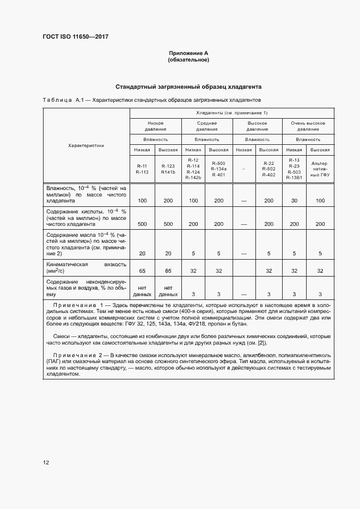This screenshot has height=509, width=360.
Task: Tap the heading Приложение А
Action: pyautogui.click(x=189, y=53)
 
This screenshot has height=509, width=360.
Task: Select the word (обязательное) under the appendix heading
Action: pyautogui.click(x=189, y=60)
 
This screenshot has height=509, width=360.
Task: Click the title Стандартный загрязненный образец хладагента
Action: pyautogui.click(x=189, y=87)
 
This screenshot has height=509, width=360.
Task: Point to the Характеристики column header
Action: pyautogui.click(x=86, y=146)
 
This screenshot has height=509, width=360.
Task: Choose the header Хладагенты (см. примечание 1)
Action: pyautogui.click(x=231, y=113)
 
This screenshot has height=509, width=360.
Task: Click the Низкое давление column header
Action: pyautogui.click(x=155, y=126)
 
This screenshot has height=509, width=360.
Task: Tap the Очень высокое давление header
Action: pyautogui.click(x=308, y=126)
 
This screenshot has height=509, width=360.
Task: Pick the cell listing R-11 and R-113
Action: pyautogui.click(x=142, y=168)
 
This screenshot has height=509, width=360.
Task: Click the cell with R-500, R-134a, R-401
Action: pyautogui.click(x=218, y=168)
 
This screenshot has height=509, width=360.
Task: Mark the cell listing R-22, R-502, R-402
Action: pyautogui.click(x=269, y=168)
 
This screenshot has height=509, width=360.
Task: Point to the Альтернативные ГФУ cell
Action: pyautogui.click(x=320, y=168)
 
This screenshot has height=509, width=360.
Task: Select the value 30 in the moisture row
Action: pyautogui.click(x=294, y=201)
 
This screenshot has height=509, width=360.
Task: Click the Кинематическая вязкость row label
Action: pyautogui.click(x=86, y=267)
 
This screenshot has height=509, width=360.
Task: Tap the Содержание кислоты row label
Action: pyautogui.click(x=86, y=217)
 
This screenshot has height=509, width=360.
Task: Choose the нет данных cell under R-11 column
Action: pyautogui.click(x=142, y=291)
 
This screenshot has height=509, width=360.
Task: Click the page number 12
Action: pyautogui.click(x=46, y=463)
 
